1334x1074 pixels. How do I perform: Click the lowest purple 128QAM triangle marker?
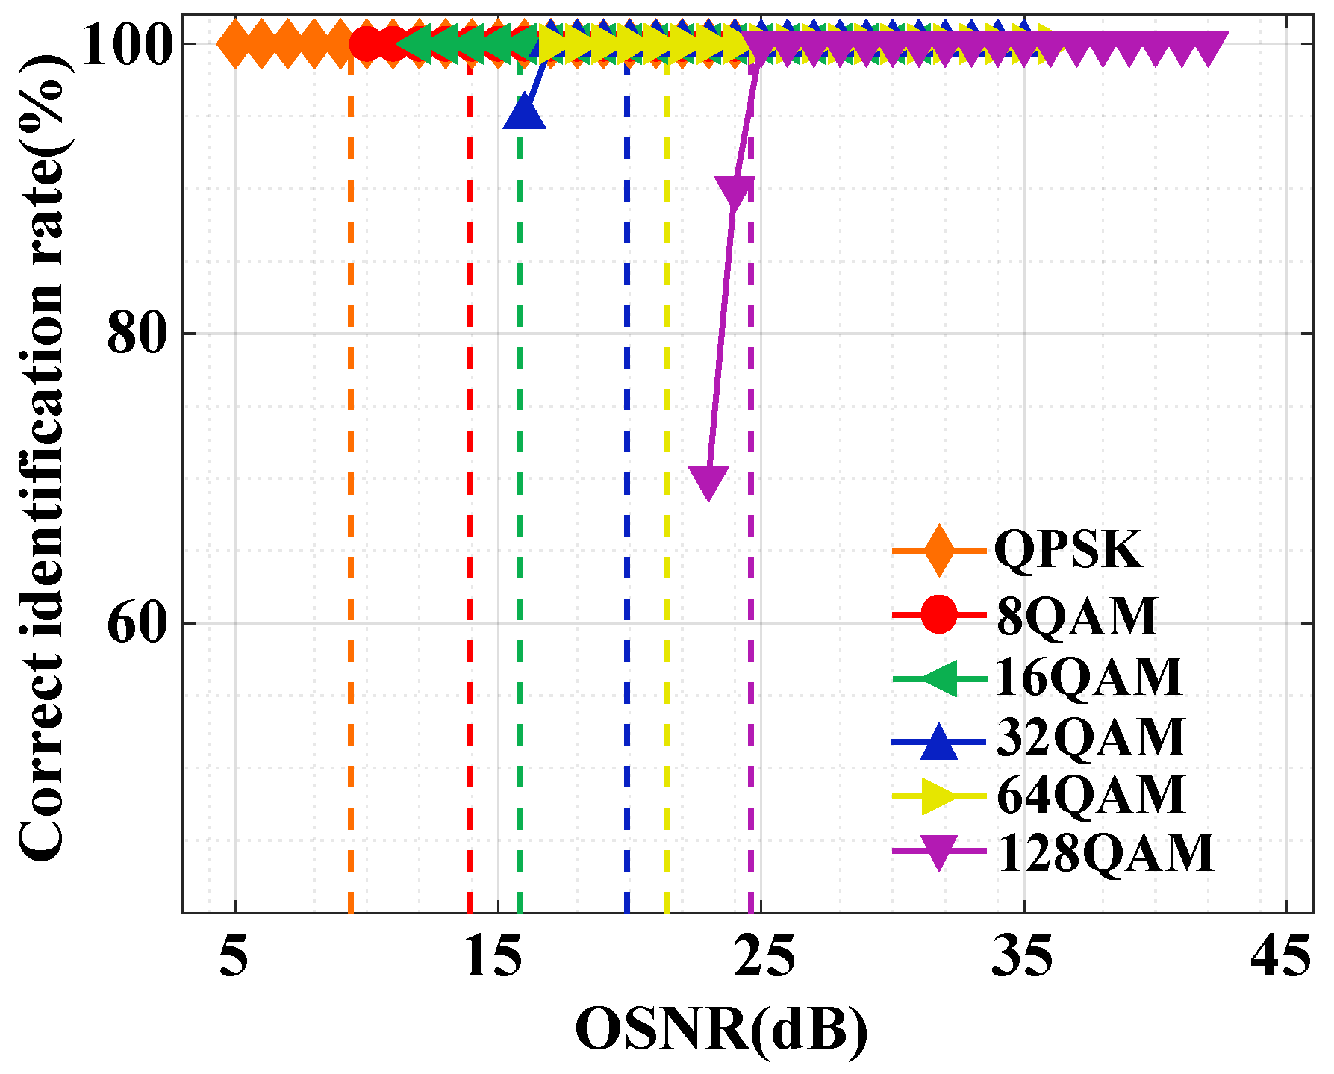pyautogui.click(x=708, y=480)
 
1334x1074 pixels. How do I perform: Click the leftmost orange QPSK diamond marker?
pyautogui.click(x=235, y=44)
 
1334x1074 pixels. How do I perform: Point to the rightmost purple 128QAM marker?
pyautogui.click(x=1209, y=46)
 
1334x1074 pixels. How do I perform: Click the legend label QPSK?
pyautogui.click(x=1067, y=551)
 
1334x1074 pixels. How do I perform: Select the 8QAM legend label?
pyautogui.click(x=1076, y=616)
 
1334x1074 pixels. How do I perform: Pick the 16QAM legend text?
pyautogui.click(x=1088, y=677)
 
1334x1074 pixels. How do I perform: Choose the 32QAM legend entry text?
pyautogui.click(x=1090, y=737)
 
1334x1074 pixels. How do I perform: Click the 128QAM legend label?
pyautogui.click(x=1105, y=853)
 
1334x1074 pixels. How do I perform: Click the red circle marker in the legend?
pyautogui.click(x=938, y=615)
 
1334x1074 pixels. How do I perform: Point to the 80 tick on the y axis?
pyautogui.click(x=135, y=334)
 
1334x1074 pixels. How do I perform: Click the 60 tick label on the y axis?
pyautogui.click(x=135, y=624)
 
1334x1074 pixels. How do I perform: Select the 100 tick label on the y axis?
pyautogui.click(x=123, y=45)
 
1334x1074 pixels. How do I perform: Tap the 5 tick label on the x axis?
pyautogui.click(x=234, y=958)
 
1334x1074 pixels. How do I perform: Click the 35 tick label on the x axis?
pyautogui.click(x=1023, y=958)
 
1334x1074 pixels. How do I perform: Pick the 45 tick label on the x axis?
pyautogui.click(x=1281, y=958)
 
